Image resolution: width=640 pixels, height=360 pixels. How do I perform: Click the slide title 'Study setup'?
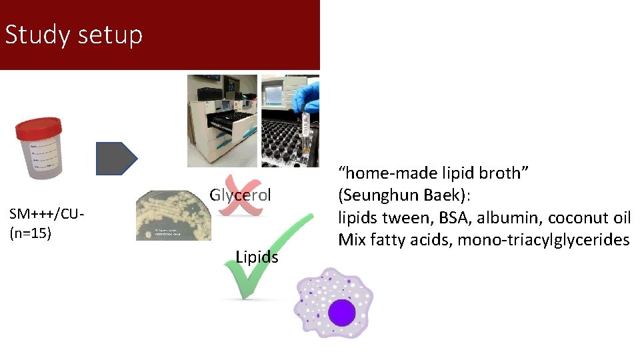(x=73, y=35)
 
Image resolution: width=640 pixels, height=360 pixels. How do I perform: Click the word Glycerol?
(x=240, y=195)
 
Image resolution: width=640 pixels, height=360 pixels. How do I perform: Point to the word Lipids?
(x=257, y=257)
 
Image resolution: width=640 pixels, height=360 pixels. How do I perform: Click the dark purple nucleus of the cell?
(x=341, y=313)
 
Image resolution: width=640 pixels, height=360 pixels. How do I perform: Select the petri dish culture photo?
(x=174, y=215)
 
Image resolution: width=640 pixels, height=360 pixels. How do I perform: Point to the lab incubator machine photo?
(x=222, y=121)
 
